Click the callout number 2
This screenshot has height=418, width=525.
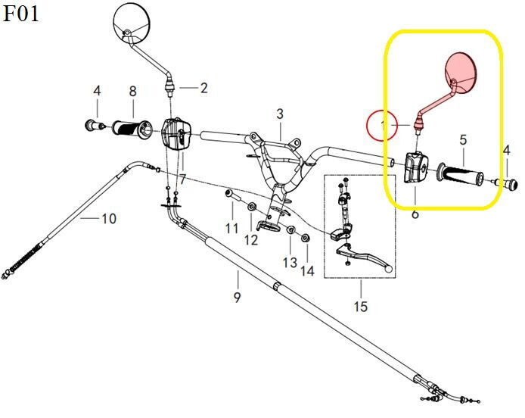(203, 88)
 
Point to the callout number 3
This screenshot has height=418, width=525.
(280, 114)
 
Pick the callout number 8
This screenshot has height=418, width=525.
(132, 92)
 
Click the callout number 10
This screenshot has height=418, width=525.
(109, 220)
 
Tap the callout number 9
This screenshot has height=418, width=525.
(237, 297)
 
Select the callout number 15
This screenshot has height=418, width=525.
(360, 307)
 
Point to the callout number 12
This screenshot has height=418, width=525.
(251, 240)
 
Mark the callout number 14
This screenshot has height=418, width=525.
(307, 270)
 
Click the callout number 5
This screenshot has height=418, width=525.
(463, 140)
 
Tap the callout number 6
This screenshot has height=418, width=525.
(415, 214)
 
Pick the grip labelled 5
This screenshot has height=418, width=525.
(462, 176)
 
